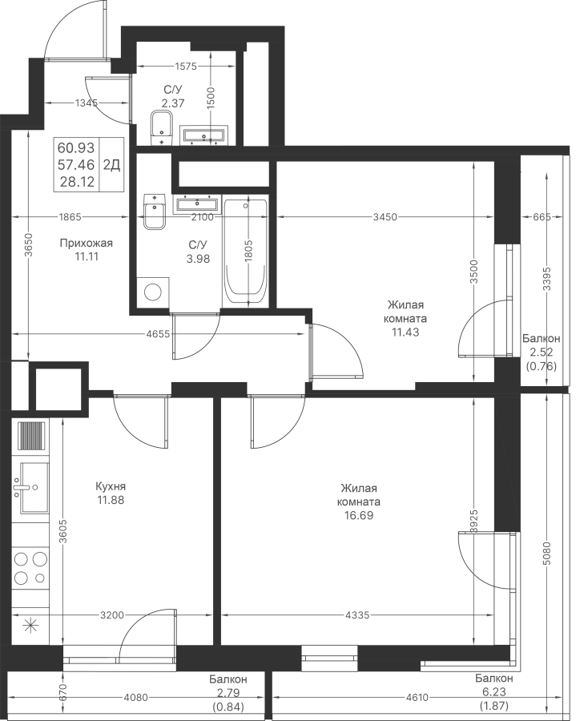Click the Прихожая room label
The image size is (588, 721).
pyautogui.click(x=86, y=244)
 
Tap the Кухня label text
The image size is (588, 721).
pyautogui.click(x=111, y=486)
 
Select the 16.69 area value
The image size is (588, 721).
pyautogui.click(x=359, y=515)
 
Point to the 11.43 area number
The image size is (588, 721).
pyautogui.click(x=405, y=332)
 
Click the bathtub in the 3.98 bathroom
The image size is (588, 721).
pyautogui.click(x=245, y=252)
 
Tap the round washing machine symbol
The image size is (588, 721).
pyautogui.click(x=153, y=292)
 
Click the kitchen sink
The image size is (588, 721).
pyautogui.click(x=30, y=487)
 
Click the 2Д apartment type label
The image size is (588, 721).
pyautogui.click(x=111, y=165)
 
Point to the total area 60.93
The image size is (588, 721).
pyautogui.click(x=76, y=148)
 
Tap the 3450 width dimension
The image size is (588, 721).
pyautogui.click(x=385, y=217)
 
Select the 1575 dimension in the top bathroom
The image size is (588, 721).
pyautogui.click(x=186, y=66)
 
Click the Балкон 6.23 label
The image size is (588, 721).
pyautogui.click(x=494, y=683)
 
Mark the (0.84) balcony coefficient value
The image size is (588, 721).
pyautogui.click(x=228, y=707)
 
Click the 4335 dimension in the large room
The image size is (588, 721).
pyautogui.click(x=357, y=614)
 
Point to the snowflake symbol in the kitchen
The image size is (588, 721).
pyautogui.click(x=30, y=626)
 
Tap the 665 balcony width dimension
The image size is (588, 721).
pyautogui.click(x=542, y=217)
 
